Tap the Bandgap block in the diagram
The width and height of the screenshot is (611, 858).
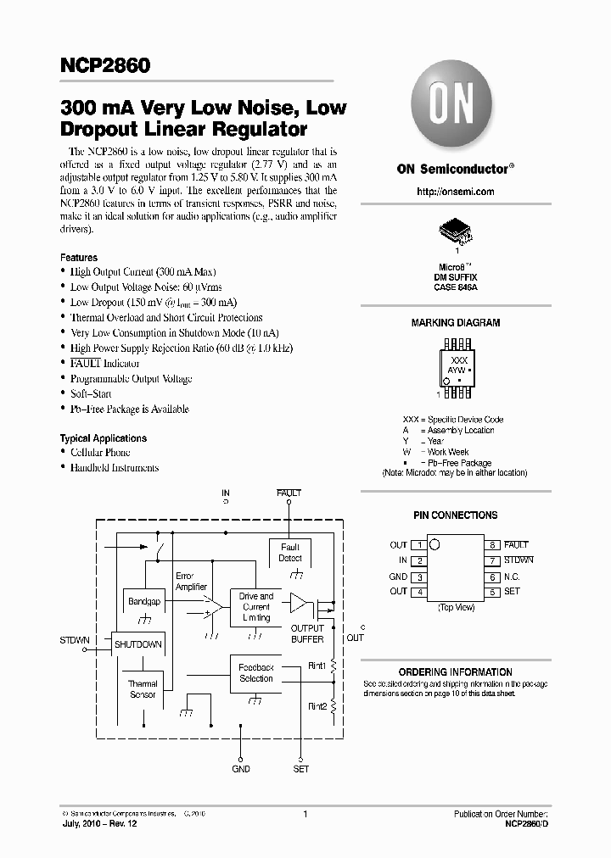(x=143, y=602)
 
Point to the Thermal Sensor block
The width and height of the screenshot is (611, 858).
(x=143, y=688)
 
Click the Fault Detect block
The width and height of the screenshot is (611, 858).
(x=290, y=553)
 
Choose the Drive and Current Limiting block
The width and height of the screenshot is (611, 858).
(x=255, y=607)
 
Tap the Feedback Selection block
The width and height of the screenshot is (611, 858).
(x=255, y=672)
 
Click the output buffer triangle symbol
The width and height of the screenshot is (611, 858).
(x=300, y=603)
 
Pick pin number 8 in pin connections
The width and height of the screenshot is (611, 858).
(x=492, y=545)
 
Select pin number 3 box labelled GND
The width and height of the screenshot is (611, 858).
(x=418, y=577)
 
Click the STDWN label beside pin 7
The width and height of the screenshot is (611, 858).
(x=519, y=560)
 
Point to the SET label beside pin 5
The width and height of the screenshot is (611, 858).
(x=512, y=592)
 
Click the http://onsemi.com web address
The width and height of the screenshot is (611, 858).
(x=455, y=192)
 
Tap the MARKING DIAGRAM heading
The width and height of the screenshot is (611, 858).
(x=455, y=323)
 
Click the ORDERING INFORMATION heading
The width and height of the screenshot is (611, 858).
(x=455, y=671)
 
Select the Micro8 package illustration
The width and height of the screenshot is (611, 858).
(x=455, y=231)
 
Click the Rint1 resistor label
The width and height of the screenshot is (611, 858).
(x=317, y=666)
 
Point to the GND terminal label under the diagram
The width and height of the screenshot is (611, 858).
(x=241, y=769)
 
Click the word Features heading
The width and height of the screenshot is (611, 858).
(x=79, y=258)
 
